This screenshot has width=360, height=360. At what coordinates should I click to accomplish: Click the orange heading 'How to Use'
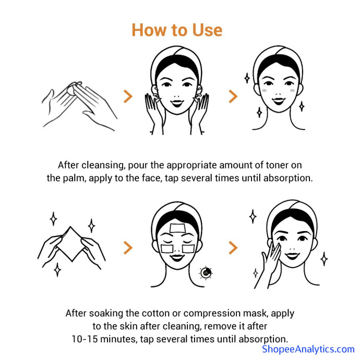[177, 30]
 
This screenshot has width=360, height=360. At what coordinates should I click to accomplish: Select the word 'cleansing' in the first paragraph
[103, 165]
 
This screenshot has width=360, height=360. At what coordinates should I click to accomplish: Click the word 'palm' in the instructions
[74, 178]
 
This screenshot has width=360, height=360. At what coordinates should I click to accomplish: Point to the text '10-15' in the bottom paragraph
[85, 339]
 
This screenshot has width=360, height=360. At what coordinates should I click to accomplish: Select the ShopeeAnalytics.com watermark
[308, 349]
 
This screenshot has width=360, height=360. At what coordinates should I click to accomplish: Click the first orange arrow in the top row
[128, 96]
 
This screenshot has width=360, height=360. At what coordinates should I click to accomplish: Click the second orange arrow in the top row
[233, 96]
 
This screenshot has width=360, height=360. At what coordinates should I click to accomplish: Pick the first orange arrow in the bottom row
[128, 247]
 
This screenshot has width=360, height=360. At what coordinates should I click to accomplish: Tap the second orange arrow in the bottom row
[233, 247]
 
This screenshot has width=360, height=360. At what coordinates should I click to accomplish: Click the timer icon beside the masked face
[206, 273]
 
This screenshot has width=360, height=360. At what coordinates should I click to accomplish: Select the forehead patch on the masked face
[177, 228]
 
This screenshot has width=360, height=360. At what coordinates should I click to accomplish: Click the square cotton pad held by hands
[71, 244]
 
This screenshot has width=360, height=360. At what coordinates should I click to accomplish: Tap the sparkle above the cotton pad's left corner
[54, 219]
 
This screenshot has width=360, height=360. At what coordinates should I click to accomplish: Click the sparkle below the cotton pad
[57, 270]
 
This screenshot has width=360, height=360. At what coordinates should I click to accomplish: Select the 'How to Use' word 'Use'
[207, 30]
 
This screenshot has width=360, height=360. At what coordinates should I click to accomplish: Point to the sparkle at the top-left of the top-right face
[247, 78]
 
